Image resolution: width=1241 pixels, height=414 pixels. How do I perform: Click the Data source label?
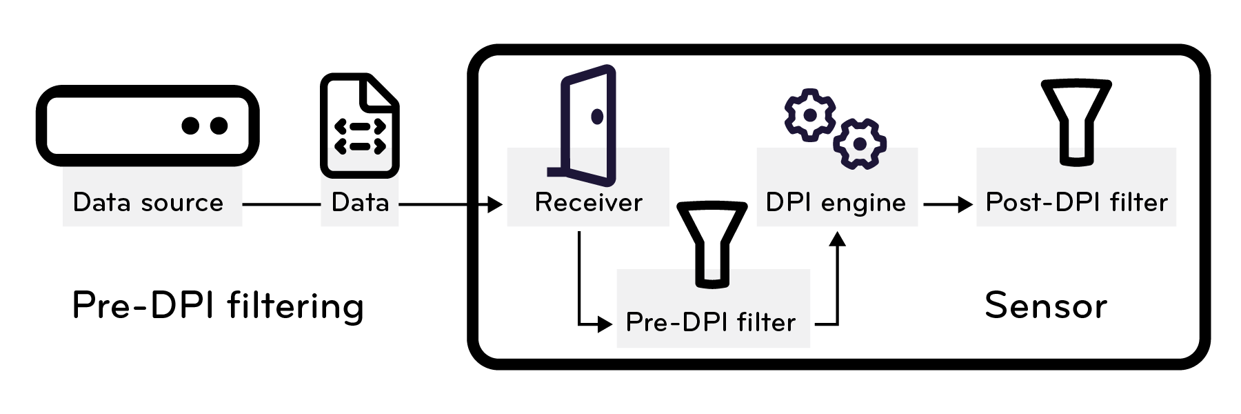click(x=148, y=203)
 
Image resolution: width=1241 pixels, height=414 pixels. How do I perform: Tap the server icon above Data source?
click(x=147, y=126)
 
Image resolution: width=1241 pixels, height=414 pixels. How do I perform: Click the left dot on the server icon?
click(x=191, y=126)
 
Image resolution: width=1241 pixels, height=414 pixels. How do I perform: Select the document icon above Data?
click(x=359, y=126)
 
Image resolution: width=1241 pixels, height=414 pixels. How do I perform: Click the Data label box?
click(x=360, y=203)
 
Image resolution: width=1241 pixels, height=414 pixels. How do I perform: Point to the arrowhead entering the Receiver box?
click(x=495, y=204)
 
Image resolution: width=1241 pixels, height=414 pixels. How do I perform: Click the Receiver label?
click(x=588, y=203)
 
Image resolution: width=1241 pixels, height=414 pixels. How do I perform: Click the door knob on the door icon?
click(x=597, y=117)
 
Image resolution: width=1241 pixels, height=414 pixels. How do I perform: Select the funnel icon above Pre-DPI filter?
click(x=712, y=243)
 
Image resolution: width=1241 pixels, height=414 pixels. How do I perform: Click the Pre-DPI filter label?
click(x=710, y=322)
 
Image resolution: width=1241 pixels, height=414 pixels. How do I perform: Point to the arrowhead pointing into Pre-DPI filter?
click(x=605, y=324)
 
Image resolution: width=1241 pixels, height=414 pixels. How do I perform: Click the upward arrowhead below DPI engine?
click(x=837, y=239)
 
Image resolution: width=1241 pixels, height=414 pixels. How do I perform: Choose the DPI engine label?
click(x=836, y=203)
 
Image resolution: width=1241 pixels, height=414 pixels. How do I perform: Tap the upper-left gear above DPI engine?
click(x=810, y=115)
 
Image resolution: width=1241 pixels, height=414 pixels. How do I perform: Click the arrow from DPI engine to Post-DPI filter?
click(x=947, y=204)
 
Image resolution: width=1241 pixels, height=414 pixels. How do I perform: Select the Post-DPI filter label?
click(x=1076, y=203)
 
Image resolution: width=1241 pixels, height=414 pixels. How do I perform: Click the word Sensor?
click(x=1046, y=306)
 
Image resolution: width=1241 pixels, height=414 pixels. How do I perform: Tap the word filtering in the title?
click(x=295, y=306)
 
